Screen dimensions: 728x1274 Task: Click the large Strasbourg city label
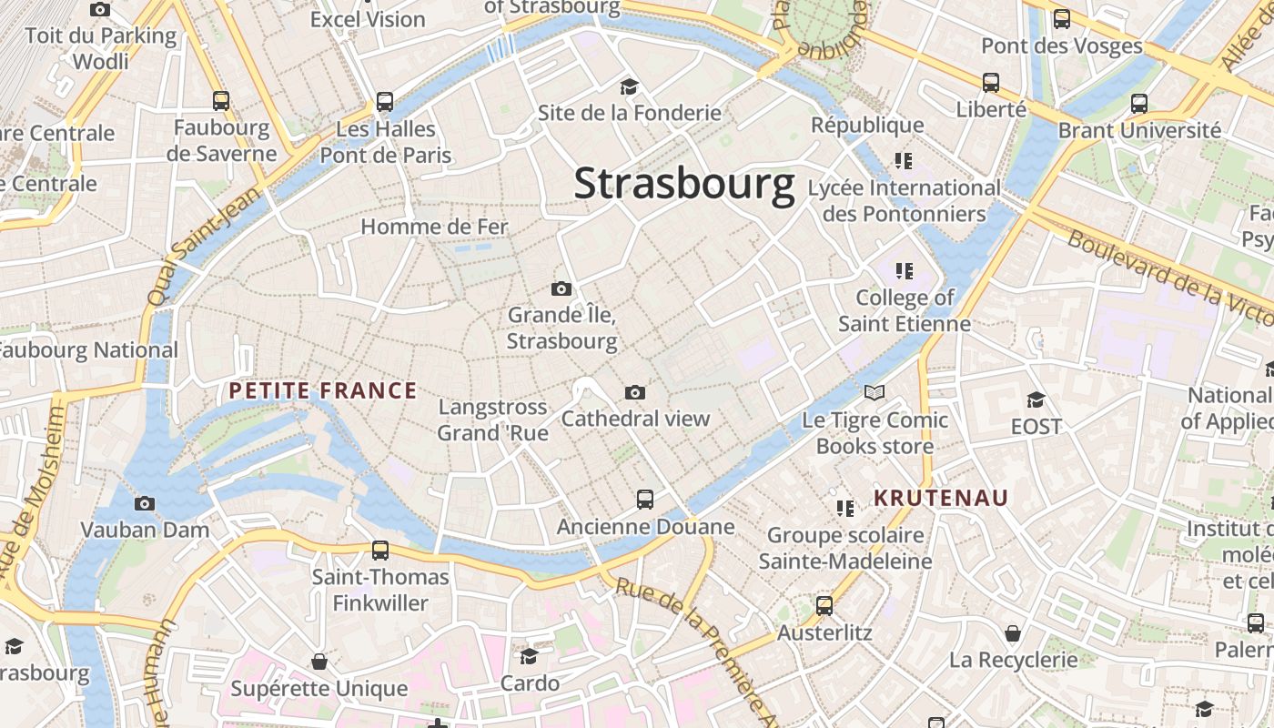684,184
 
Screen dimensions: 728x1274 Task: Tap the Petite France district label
322,391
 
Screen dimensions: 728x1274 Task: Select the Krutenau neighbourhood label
941,498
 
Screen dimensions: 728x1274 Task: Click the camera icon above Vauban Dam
145,503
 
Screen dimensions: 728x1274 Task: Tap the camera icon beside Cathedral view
635,392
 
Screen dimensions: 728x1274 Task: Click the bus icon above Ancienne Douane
645,499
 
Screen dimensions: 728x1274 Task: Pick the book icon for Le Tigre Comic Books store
875,393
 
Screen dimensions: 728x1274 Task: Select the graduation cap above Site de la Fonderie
629,86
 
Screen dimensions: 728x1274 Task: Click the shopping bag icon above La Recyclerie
1013,632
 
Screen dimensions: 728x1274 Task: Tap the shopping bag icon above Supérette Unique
319,661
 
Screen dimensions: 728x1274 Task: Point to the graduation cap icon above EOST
1036,399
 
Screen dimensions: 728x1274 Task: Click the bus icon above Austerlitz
824,605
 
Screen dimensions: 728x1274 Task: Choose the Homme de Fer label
434,227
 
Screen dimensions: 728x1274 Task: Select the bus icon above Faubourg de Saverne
221,100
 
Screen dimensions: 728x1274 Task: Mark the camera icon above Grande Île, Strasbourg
561,289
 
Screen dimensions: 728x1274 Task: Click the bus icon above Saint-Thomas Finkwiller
380,550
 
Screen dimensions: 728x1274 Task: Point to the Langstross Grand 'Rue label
493,420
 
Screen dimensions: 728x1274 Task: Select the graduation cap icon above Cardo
530,656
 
